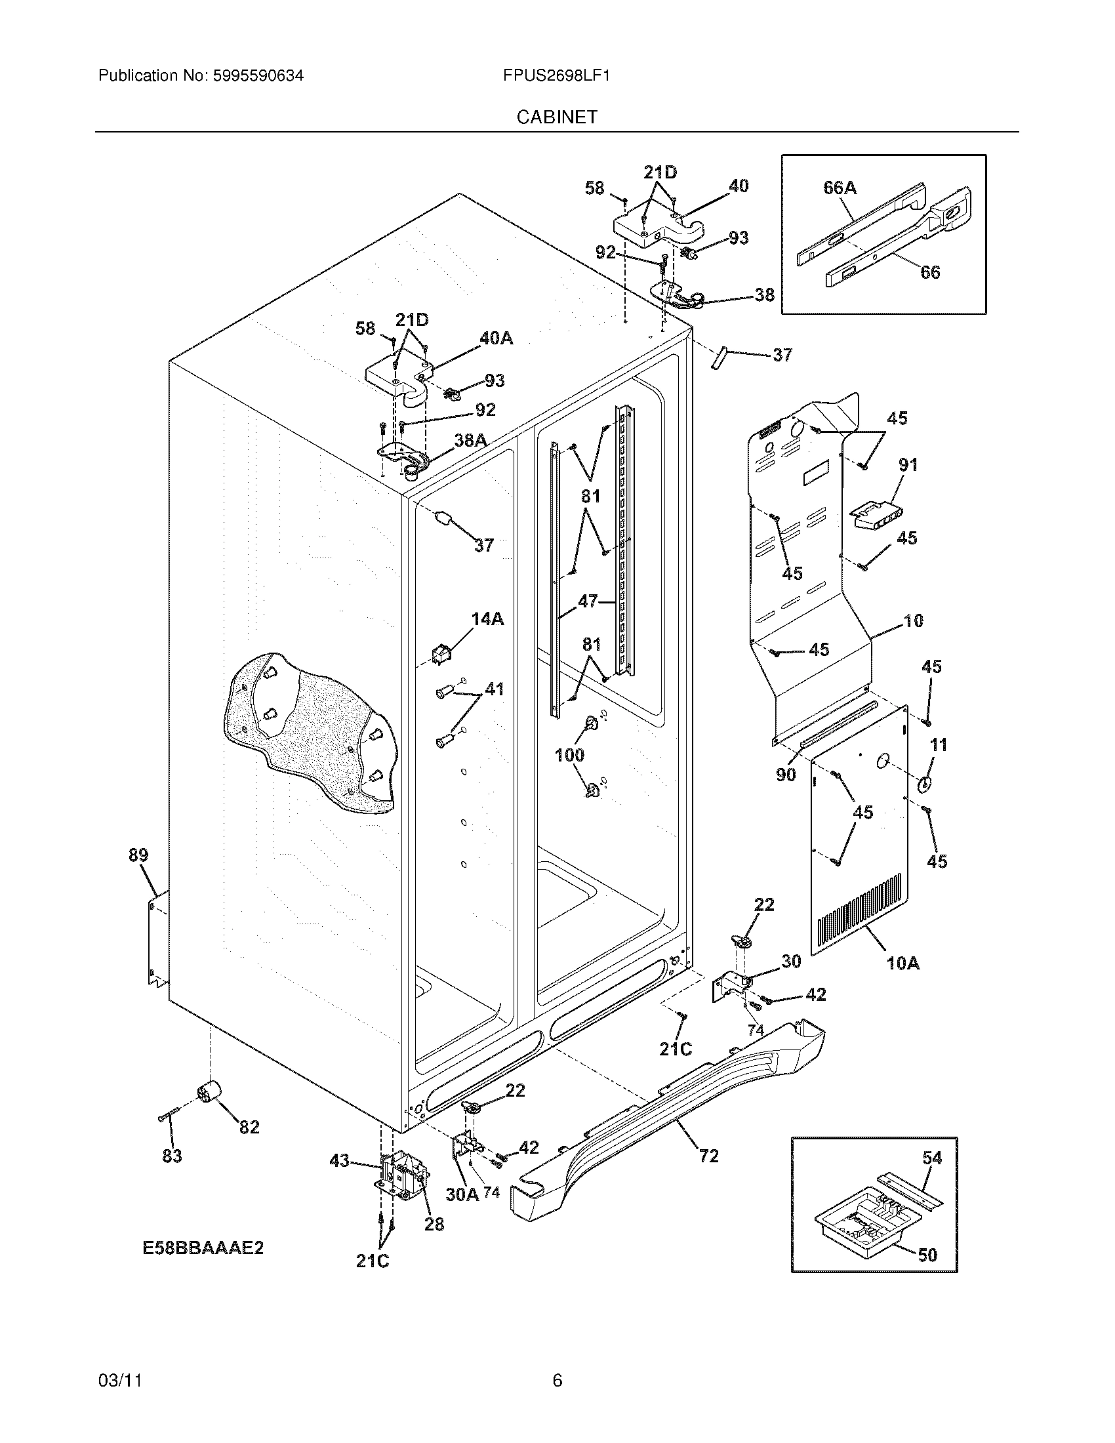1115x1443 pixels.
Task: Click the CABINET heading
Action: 557,117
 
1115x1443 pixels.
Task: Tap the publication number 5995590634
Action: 258,75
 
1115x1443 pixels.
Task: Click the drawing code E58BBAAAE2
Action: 203,1248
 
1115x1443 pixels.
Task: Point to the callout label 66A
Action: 840,188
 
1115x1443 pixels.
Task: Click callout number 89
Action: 138,855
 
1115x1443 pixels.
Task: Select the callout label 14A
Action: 487,619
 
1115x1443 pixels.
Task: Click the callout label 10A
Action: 902,963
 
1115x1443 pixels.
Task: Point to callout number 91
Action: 908,464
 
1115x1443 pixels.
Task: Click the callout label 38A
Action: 470,440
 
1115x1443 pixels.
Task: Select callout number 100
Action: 569,754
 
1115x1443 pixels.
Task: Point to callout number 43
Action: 339,1161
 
